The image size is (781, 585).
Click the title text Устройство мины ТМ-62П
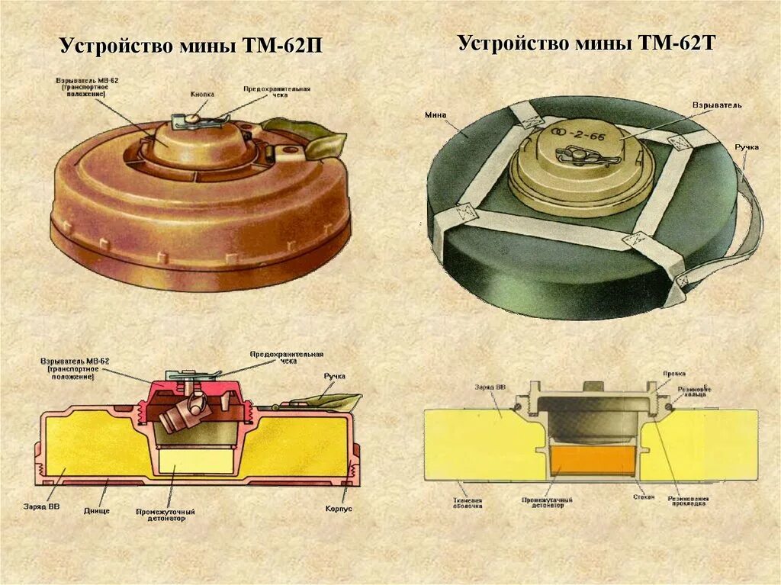(x=191, y=47)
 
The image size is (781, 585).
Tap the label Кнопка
(x=202, y=94)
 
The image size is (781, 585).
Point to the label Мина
(x=436, y=115)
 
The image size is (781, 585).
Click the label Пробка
(x=675, y=374)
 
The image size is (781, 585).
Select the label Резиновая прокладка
(x=689, y=504)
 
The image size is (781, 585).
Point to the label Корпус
(x=338, y=507)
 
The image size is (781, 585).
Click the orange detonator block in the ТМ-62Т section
(x=592, y=459)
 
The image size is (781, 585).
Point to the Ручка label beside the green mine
(x=747, y=146)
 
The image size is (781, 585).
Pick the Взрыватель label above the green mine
(x=716, y=104)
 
